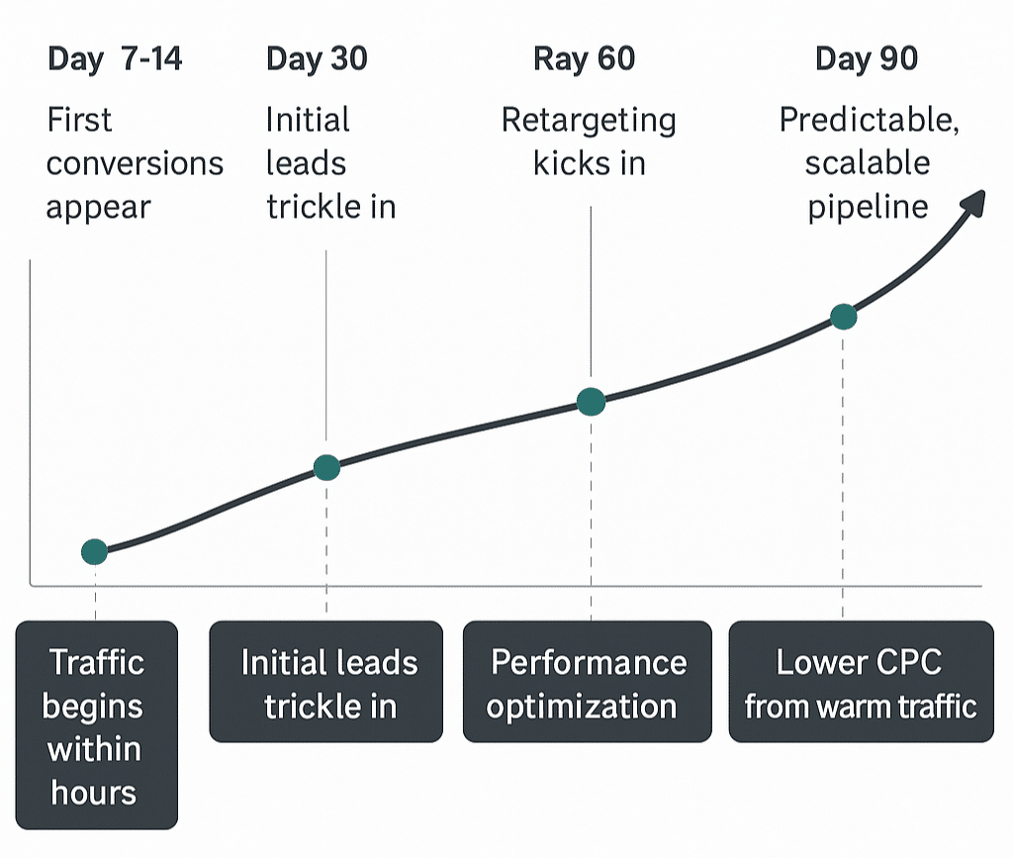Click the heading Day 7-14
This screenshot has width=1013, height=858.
[115, 59]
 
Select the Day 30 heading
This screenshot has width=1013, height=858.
[317, 59]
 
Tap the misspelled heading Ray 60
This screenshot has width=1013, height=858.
[584, 59]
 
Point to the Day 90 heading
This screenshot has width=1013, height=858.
[867, 59]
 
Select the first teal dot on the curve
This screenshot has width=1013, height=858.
[94, 552]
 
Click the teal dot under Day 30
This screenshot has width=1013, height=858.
[326, 468]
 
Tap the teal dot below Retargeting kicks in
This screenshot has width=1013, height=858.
[591, 402]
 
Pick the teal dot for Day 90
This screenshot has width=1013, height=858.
[843, 317]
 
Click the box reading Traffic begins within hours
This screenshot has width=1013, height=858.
[95, 724]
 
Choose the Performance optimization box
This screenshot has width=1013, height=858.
[587, 682]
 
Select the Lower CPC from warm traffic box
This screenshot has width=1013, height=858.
[861, 682]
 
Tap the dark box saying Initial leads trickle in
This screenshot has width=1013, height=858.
[326, 682]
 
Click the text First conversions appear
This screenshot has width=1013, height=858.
[135, 163]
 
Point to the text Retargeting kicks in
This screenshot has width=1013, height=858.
[589, 142]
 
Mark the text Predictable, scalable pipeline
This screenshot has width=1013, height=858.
[869, 163]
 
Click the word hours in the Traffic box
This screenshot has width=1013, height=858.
[94, 792]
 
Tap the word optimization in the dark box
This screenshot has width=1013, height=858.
[582, 707]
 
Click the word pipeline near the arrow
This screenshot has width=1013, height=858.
[868, 207]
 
